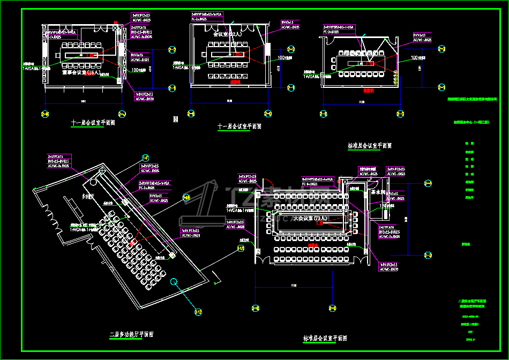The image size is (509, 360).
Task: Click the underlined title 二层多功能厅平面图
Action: tap(131, 334)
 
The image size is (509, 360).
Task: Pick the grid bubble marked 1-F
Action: tap(145, 157)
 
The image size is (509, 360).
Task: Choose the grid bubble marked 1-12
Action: tap(198, 311)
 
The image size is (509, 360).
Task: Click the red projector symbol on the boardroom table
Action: tap(91, 55)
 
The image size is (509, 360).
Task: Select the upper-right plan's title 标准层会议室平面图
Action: tap(370, 145)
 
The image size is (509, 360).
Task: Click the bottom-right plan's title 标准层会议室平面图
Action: tap(325, 338)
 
